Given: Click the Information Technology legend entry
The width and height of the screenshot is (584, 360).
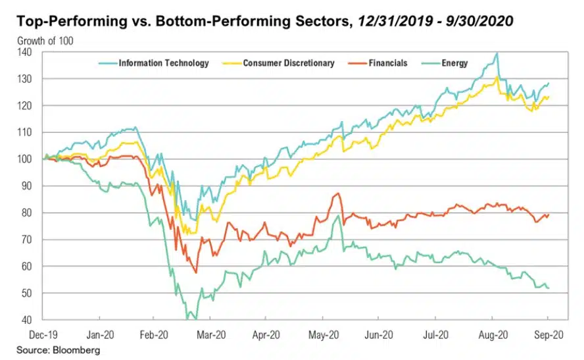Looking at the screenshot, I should (163, 63).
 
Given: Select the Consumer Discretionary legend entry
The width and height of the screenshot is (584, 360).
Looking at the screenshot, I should (288, 63).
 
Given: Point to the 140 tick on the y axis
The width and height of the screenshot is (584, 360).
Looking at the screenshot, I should (30, 51).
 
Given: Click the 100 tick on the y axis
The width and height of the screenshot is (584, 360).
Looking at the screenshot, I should (30, 159).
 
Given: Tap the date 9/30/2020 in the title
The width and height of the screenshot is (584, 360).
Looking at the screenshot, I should (481, 22).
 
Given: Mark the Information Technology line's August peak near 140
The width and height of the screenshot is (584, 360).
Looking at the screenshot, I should (497, 53).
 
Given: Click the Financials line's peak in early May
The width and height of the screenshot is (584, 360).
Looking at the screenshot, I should (337, 193).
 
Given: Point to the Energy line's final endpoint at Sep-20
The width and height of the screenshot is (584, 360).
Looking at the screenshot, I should (548, 288).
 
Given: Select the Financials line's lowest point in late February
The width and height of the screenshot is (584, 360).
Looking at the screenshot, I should (196, 272).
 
